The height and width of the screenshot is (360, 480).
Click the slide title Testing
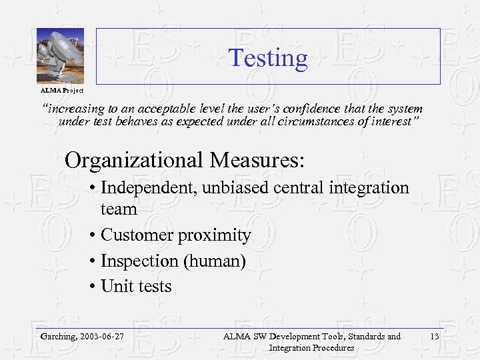pos(268,59)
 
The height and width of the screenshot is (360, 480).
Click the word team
pos(119,209)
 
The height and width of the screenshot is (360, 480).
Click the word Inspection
pos(138,261)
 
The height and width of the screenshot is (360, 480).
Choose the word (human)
pos(215,261)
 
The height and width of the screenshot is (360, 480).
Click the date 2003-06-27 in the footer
pos(102,337)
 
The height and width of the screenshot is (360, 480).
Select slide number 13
pos(434,337)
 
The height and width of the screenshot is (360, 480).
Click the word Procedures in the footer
pos(330,348)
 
